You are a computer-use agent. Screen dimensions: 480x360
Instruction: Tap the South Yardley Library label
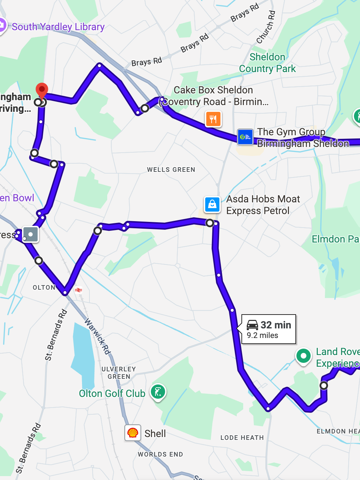(x=58, y=27)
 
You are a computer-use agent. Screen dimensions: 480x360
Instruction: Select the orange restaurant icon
(x=213, y=119)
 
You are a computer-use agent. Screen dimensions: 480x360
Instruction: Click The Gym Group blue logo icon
(x=245, y=137)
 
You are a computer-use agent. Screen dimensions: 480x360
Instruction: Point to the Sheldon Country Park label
(x=267, y=63)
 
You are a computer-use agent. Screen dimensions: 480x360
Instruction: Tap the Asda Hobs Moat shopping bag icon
(x=212, y=204)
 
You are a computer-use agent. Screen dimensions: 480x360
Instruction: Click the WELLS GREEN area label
(x=171, y=170)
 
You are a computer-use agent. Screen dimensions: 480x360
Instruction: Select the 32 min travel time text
(x=276, y=325)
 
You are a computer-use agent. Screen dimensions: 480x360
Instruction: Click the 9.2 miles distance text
(x=262, y=336)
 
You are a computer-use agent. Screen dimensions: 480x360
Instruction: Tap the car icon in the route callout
(x=252, y=325)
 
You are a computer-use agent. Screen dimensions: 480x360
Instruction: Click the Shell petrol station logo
(x=133, y=433)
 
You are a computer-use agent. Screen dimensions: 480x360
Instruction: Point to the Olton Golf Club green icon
(x=158, y=392)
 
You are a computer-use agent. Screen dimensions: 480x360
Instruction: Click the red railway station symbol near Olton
(x=78, y=290)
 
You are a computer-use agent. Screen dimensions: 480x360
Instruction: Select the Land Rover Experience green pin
(x=303, y=356)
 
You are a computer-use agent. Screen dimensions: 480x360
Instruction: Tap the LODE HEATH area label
(x=242, y=438)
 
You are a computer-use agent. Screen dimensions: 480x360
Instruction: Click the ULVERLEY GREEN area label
(x=119, y=373)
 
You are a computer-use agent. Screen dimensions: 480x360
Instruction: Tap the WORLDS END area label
(x=160, y=454)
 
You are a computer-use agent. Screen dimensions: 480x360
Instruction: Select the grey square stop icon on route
(x=31, y=234)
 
